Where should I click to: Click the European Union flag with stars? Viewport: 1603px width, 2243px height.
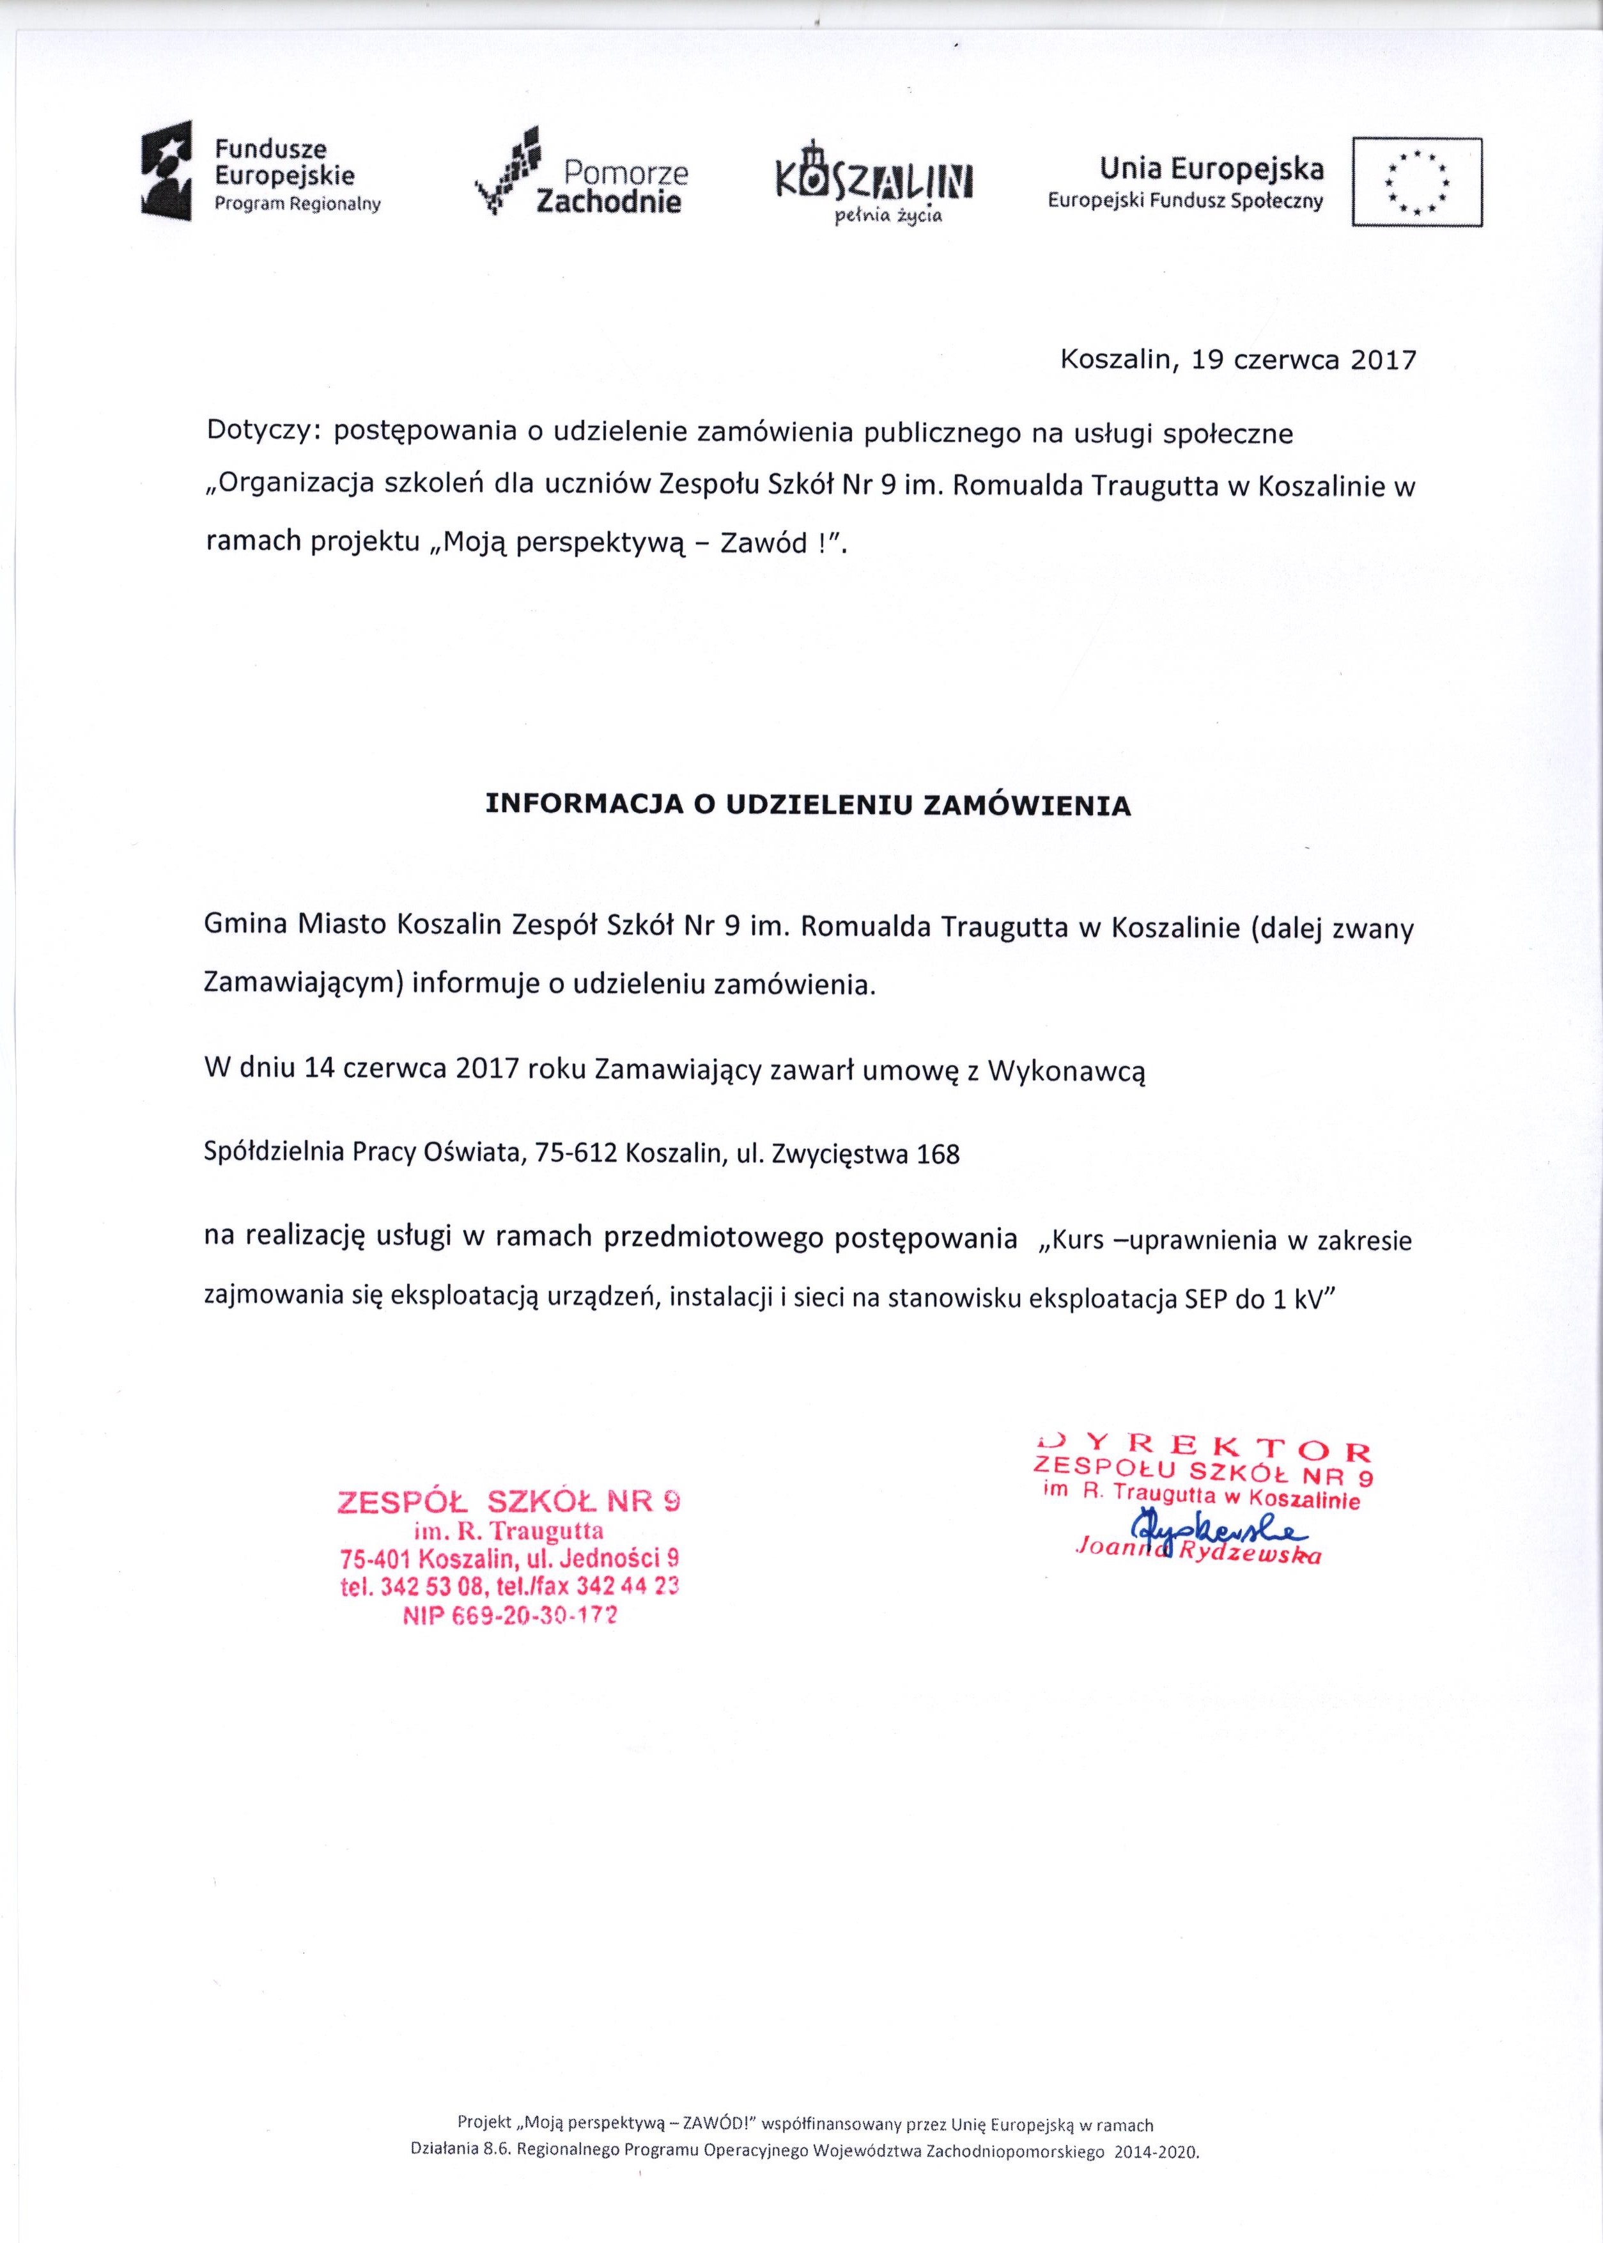click(x=1416, y=183)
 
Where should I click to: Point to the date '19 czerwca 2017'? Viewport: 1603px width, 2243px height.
click(x=1304, y=361)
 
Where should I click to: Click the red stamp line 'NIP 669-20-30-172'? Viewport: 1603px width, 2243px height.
click(x=508, y=1616)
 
